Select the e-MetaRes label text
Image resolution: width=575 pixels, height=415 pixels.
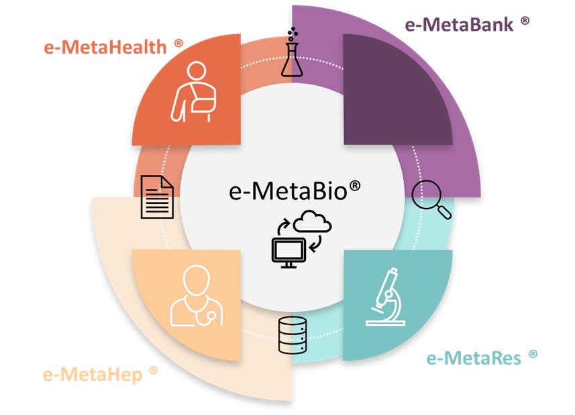[473, 358]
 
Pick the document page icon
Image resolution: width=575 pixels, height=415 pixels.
[157, 196]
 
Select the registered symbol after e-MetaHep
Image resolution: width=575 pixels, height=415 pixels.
[154, 369]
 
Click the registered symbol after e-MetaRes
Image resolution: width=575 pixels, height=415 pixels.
[533, 353]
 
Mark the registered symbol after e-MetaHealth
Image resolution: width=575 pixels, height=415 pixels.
[178, 43]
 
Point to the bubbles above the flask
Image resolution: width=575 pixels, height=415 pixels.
[291, 34]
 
